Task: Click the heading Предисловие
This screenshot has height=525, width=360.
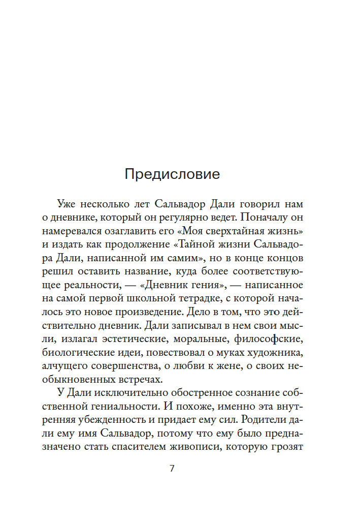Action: (172, 174)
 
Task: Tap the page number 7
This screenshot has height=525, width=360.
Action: (172, 468)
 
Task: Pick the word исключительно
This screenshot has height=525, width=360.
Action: (118, 392)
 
